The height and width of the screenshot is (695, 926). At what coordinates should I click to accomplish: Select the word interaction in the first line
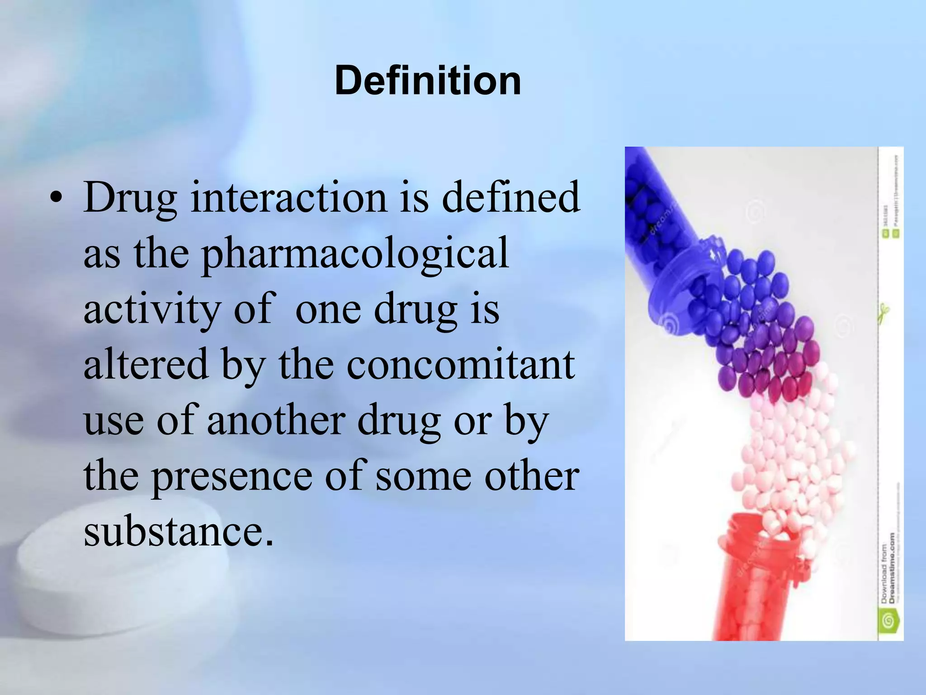coord(289,197)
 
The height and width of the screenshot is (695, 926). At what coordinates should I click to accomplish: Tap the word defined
coord(510,197)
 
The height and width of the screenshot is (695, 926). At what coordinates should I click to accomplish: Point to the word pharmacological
coord(355,254)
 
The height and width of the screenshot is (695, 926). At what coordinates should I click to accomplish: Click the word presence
coord(231,476)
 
